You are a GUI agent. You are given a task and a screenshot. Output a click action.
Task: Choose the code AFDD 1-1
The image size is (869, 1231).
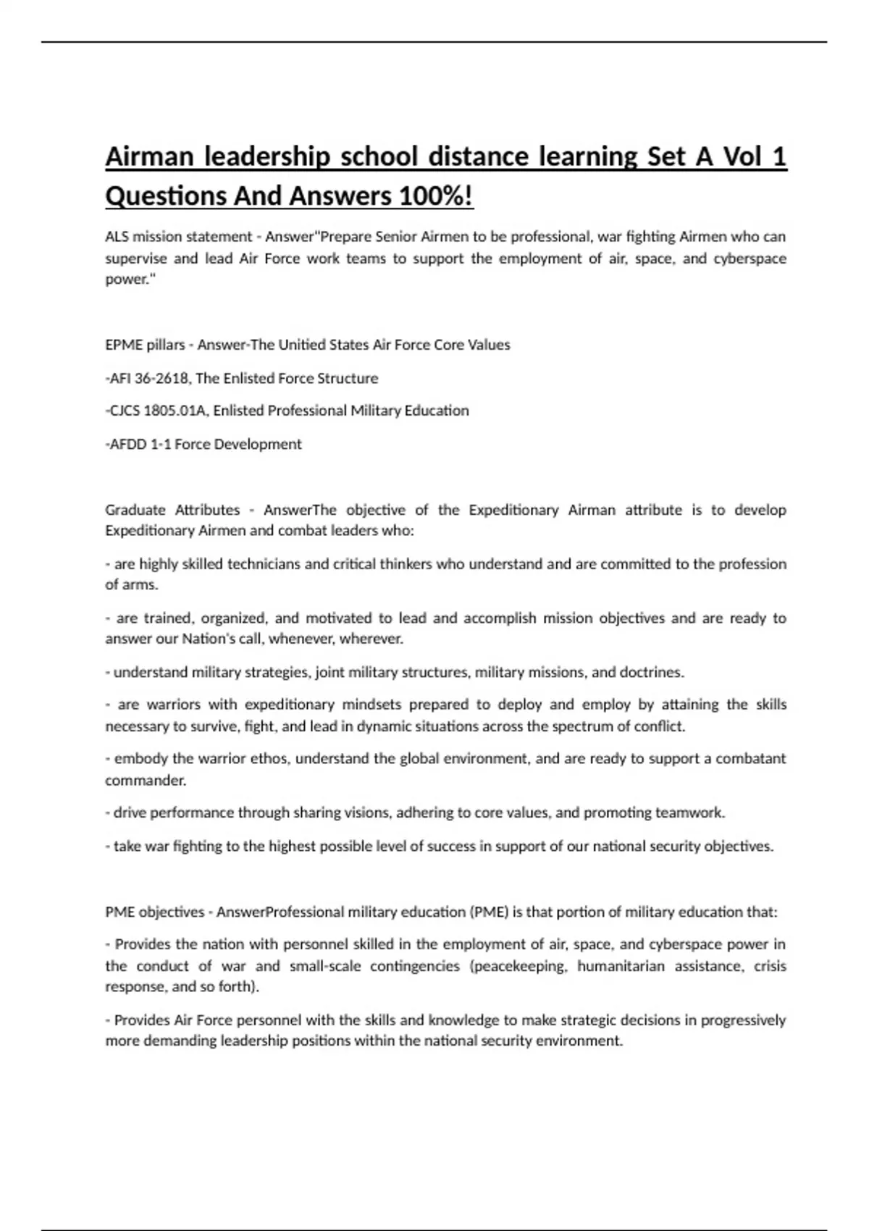138,444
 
